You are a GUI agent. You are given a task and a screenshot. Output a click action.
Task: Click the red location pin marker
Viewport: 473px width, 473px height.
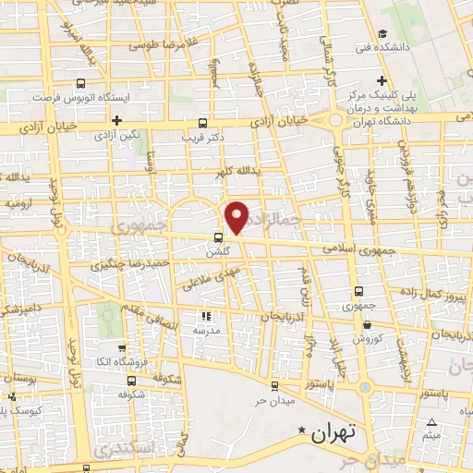click(238, 216)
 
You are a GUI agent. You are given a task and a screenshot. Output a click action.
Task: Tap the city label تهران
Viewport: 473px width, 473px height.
click(334, 431)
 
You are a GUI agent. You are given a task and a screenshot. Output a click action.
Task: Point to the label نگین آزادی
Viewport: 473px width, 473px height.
click(117, 136)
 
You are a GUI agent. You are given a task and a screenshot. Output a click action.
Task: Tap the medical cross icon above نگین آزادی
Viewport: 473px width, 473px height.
click(116, 121)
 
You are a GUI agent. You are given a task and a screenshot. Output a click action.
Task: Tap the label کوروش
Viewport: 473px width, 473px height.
click(369, 339)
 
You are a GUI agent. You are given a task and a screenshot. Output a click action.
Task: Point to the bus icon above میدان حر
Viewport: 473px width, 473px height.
click(274, 387)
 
